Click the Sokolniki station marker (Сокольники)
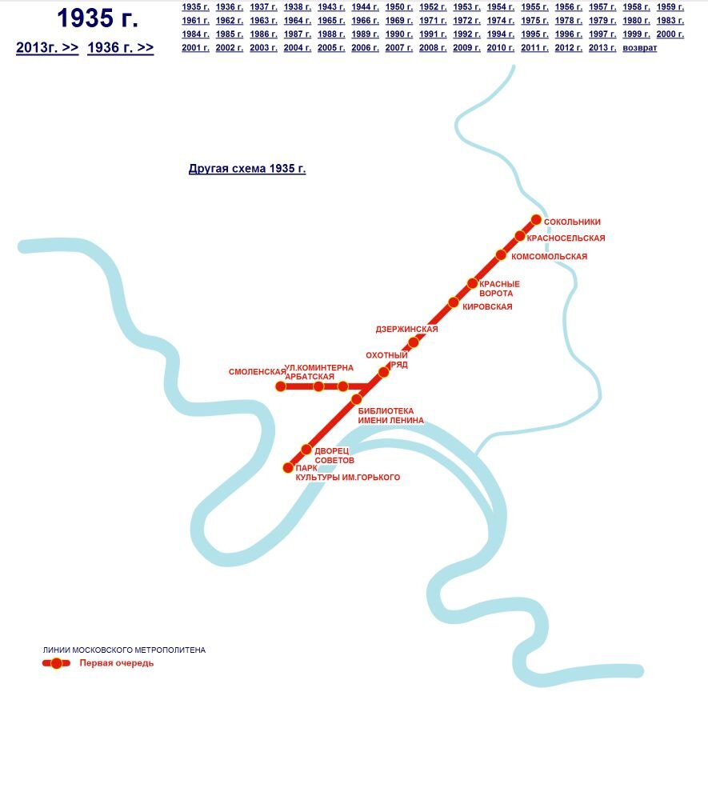coord(536,221)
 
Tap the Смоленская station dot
coord(281,386)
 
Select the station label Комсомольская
coord(549,257)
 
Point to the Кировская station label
coord(487,307)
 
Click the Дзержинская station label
coord(406,330)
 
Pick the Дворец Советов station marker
coord(306,450)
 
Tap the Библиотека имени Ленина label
coord(390,416)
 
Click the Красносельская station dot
coord(520,236)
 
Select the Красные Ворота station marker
coord(473,283)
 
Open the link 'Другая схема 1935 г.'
coord(247,169)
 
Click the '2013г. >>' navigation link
coord(47,48)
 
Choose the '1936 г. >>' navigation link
coord(120,48)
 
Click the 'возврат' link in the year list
coord(639,48)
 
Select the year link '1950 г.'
coord(399,7)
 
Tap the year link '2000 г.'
coord(670,34)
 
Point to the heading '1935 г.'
coord(98,18)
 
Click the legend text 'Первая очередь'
coord(117,663)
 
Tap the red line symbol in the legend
coord(56,663)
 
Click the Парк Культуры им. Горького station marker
coord(289,468)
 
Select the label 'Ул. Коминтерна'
coord(319,368)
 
